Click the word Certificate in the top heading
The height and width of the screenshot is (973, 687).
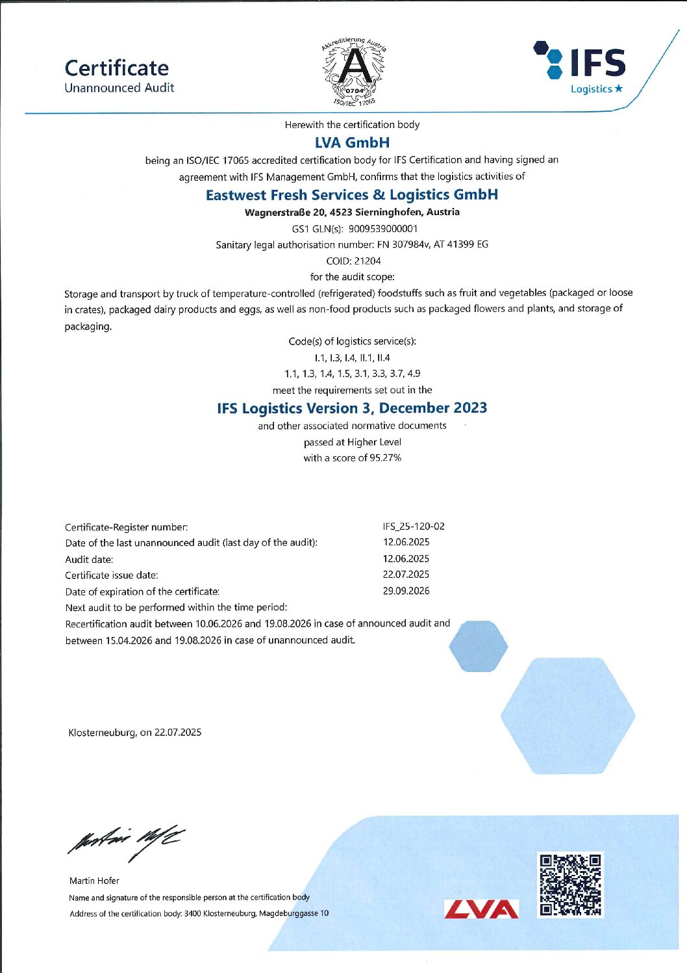(117, 68)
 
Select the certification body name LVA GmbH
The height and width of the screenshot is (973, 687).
(352, 142)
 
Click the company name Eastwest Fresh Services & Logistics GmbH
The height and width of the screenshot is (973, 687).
(352, 194)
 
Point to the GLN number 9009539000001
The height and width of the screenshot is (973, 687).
(383, 229)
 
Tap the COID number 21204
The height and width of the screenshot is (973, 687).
(368, 261)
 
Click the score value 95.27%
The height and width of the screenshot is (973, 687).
(386, 458)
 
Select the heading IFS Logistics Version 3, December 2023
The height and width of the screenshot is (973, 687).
(352, 408)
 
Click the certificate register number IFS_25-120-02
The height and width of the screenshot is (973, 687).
(414, 526)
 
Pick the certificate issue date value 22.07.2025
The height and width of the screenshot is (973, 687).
(406, 575)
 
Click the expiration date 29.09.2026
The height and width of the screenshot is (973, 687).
(406, 591)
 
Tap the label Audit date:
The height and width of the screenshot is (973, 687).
(89, 559)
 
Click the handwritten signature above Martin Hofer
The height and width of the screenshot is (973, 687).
(123, 843)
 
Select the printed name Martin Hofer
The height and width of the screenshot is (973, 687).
(94, 881)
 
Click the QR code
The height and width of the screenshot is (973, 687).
(571, 885)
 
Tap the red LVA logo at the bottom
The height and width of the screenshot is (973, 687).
(482, 909)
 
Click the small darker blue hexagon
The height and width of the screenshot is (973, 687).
(479, 646)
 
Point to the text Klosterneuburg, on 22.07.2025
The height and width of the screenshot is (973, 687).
(135, 733)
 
